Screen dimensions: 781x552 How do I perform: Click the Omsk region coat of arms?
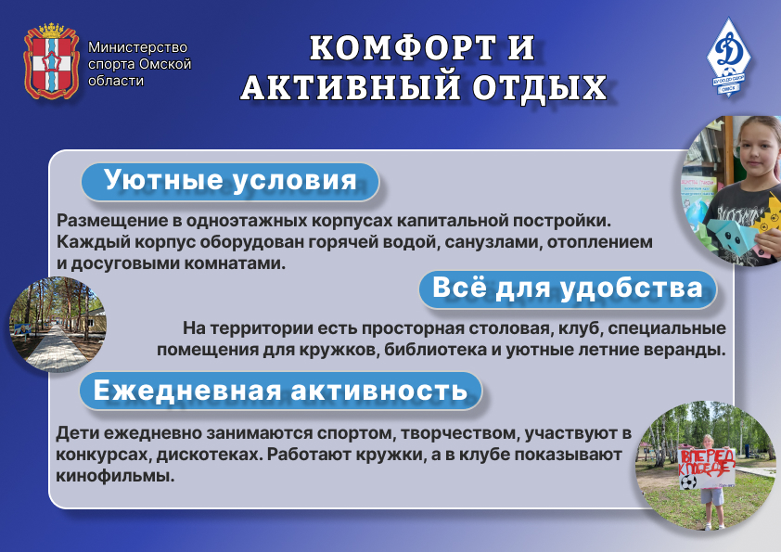pos(51,60)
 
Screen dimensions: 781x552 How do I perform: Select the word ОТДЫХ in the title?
pos(540,87)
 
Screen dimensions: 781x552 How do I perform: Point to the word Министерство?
pos(137,47)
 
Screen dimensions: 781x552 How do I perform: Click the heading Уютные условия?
pos(230,180)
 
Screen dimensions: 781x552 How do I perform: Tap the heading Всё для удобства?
pos(567,288)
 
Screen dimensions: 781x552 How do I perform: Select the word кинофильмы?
pos(115,476)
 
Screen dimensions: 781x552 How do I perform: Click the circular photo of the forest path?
pos(58,325)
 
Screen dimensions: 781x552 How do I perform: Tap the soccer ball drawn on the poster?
pos(688,481)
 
